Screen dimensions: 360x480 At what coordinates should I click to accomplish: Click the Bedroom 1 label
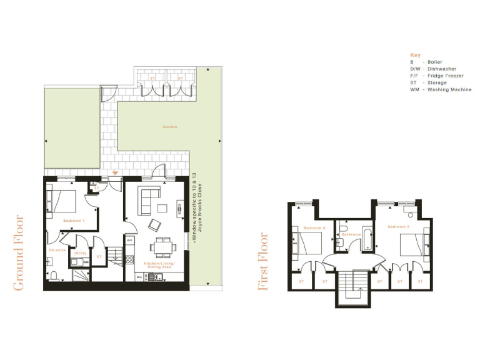click(x=74, y=221)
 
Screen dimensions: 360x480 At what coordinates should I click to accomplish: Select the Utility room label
click(x=80, y=253)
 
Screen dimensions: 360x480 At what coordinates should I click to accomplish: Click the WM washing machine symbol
click(x=86, y=262)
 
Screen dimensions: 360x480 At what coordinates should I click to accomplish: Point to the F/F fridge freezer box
click(x=129, y=241)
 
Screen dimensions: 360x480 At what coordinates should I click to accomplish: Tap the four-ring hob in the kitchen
click(x=129, y=260)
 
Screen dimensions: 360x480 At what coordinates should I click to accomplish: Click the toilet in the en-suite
click(x=54, y=275)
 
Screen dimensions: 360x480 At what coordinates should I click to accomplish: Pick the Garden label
click(x=170, y=127)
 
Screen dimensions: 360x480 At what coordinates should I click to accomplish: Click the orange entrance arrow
click(x=115, y=173)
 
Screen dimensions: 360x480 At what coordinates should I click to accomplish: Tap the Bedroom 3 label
click(x=314, y=227)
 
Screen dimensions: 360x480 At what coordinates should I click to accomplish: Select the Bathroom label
click(x=351, y=234)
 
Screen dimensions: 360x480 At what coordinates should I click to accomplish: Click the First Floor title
click(x=264, y=261)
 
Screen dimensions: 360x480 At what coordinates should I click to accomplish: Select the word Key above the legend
click(x=415, y=55)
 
